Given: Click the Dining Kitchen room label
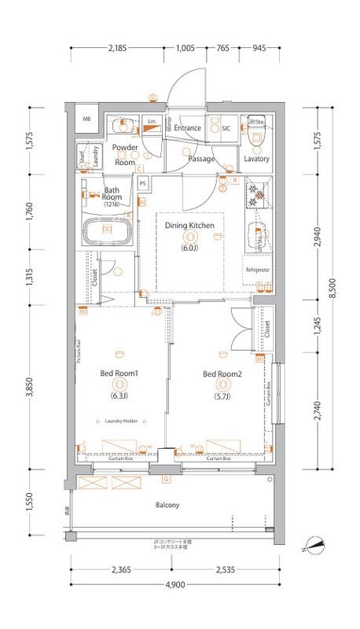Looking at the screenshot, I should [189, 226].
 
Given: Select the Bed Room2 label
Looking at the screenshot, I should [222, 373].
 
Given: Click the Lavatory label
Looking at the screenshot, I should [256, 159].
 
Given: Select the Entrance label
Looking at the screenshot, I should [189, 127].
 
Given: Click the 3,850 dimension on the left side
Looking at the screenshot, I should [29, 388].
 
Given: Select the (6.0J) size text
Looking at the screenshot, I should [189, 248].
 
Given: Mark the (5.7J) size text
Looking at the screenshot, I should [222, 396].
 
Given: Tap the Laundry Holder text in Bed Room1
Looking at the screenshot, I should [121, 421].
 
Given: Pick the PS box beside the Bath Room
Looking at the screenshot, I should [143, 184].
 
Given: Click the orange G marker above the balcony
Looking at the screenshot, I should [166, 479].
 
